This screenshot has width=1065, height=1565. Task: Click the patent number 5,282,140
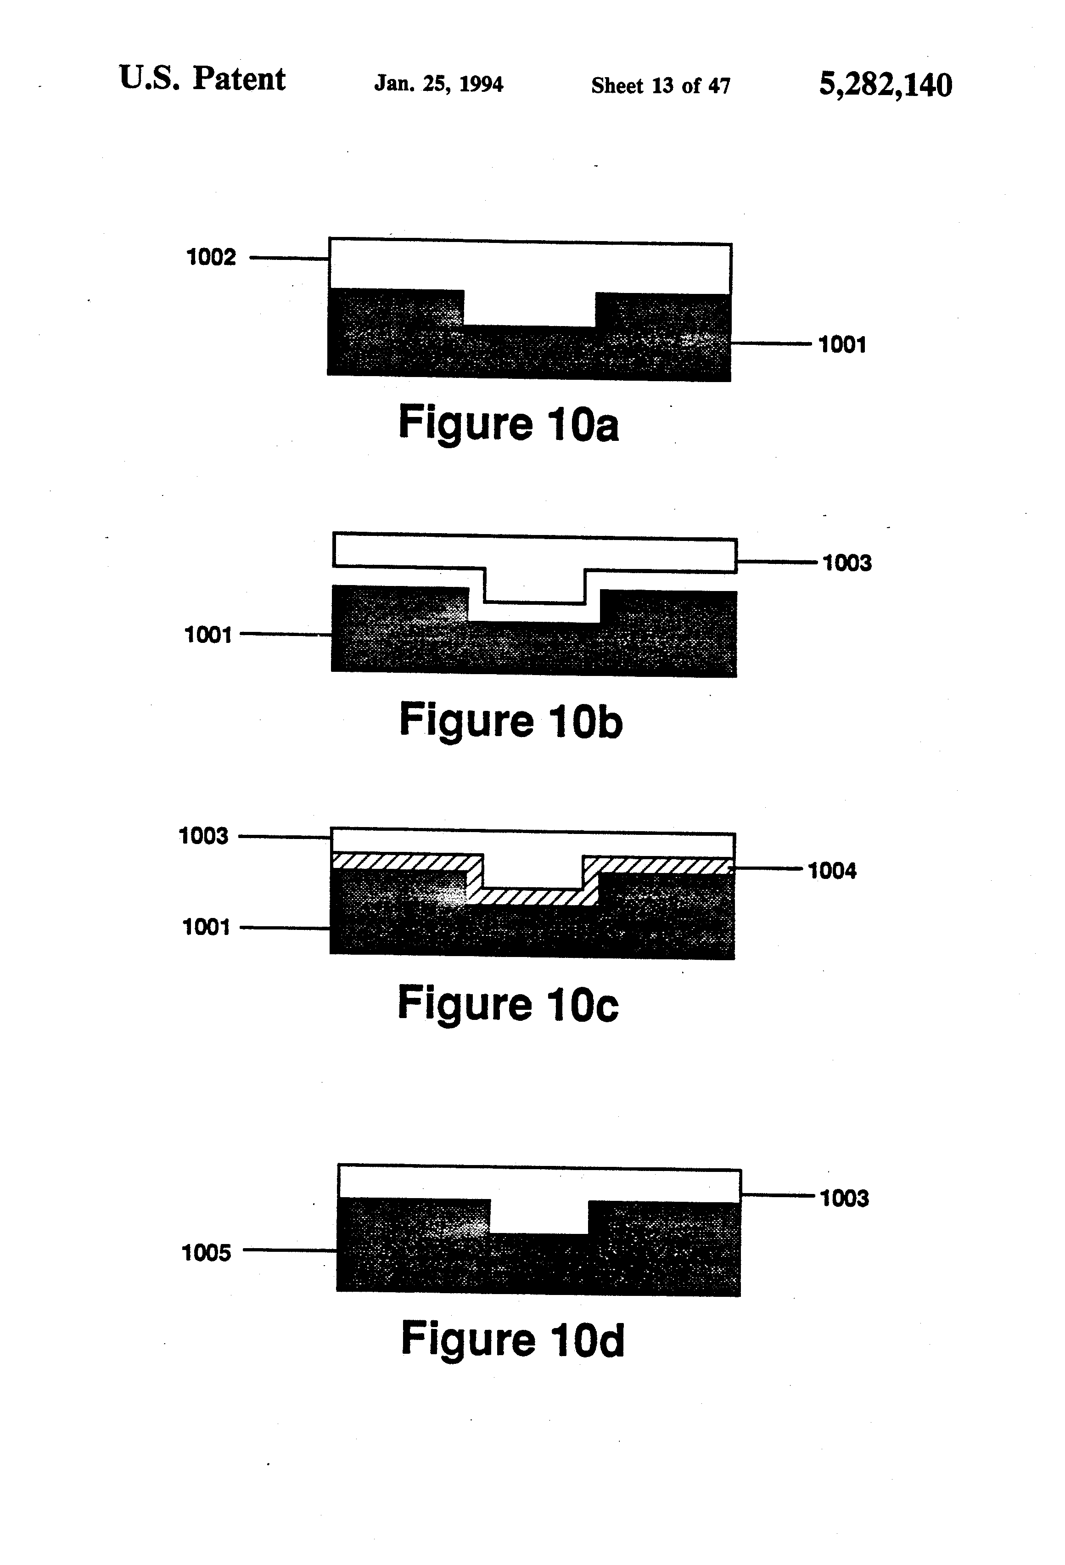(885, 85)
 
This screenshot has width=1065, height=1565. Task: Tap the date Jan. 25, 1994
(438, 84)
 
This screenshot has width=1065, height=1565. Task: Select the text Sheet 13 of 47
(661, 85)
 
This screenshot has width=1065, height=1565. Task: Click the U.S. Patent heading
(202, 79)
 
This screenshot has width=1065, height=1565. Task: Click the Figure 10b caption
(511, 721)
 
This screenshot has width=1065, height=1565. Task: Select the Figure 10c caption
(508, 1003)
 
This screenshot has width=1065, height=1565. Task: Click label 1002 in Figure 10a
(211, 257)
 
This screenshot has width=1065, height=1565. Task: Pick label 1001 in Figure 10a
(841, 345)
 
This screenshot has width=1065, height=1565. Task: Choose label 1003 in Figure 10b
(847, 563)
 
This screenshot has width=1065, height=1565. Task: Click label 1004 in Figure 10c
(832, 871)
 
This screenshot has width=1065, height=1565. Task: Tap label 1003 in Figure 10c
(203, 836)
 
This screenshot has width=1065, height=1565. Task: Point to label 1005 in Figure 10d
(206, 1253)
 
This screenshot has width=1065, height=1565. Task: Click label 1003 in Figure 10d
(844, 1198)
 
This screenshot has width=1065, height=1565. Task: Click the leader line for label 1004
(768, 869)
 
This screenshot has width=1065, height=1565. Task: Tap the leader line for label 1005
(290, 1250)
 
